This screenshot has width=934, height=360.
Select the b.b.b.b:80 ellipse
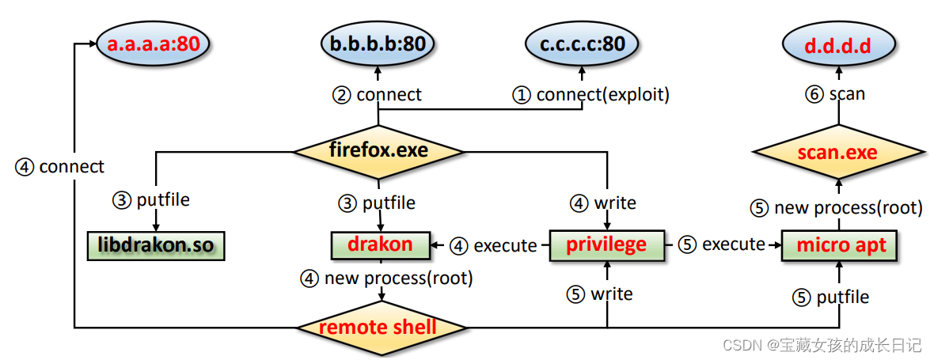tap(379, 44)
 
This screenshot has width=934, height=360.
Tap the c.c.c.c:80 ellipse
tap(582, 44)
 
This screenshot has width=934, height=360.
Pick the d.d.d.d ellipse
tap(837, 45)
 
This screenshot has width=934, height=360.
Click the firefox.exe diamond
tap(378, 150)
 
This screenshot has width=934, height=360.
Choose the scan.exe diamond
tap(837, 151)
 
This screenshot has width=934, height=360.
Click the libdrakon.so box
tap(156, 245)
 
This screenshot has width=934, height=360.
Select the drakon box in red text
tap(380, 244)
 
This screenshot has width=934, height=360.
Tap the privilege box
tap(607, 244)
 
